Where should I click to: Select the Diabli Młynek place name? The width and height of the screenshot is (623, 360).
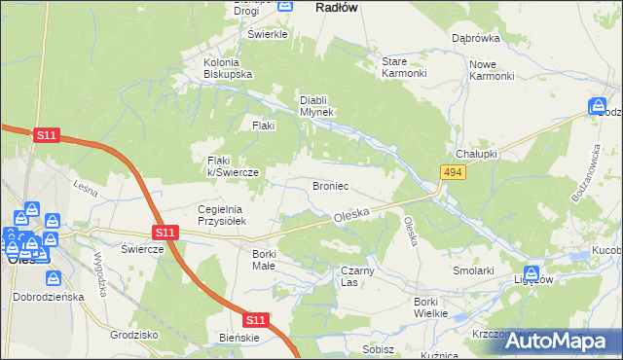316,105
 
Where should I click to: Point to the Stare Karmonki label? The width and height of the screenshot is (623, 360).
403,67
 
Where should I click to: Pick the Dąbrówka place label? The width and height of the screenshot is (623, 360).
476,39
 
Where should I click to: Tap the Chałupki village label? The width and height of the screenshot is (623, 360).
476,155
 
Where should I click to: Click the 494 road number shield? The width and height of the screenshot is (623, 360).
452,172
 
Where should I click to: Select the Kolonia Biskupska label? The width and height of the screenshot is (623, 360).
228,68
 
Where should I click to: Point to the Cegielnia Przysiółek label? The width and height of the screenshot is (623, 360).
225,215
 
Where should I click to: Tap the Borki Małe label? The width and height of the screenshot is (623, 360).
264,260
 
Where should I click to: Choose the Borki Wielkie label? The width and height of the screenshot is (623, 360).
429,307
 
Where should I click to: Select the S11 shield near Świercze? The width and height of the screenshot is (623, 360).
165,233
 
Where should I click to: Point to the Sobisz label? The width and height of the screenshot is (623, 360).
378,348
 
